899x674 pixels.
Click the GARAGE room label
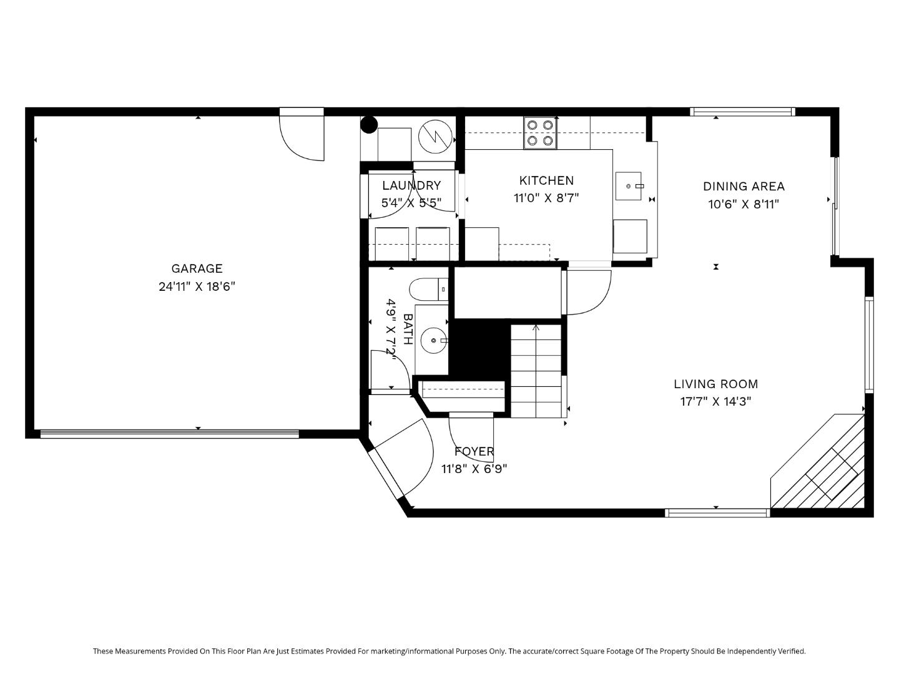(x=197, y=268)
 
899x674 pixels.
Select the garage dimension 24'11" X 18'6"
(x=197, y=287)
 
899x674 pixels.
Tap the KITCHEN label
(x=546, y=180)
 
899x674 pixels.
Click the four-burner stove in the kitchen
(x=540, y=133)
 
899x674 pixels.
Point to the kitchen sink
(x=629, y=186)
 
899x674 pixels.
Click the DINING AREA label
(x=744, y=186)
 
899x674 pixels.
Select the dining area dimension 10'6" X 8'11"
(x=744, y=204)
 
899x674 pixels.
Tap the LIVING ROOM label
(x=715, y=384)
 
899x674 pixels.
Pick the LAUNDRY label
(x=411, y=185)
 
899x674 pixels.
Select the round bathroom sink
(x=432, y=341)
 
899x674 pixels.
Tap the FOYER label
(x=474, y=451)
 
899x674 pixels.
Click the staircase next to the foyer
(x=536, y=371)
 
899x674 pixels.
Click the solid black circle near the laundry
(x=369, y=125)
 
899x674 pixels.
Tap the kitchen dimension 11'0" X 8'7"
(x=546, y=198)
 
